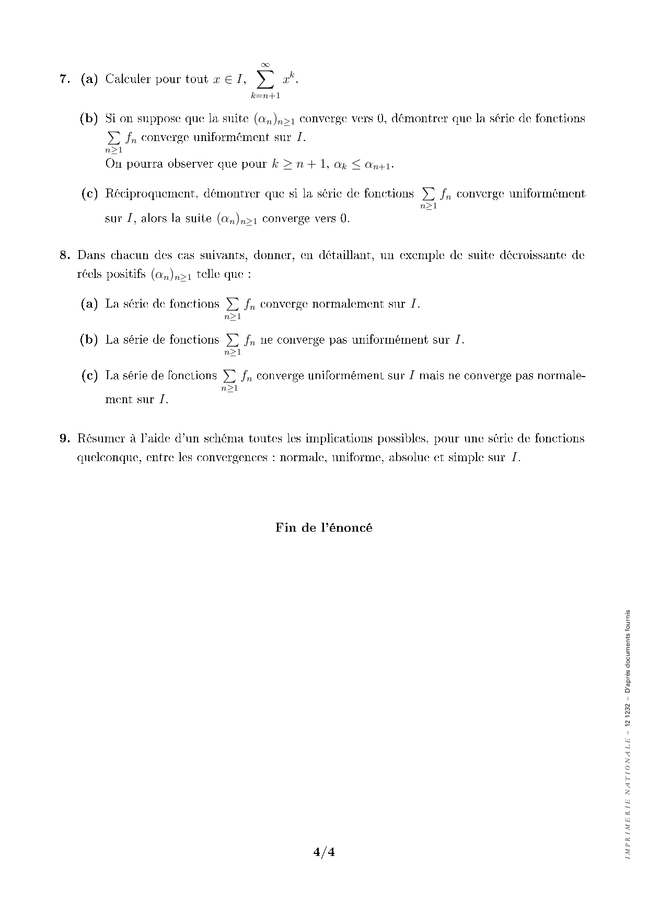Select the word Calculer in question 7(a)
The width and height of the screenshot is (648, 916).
[x=128, y=79]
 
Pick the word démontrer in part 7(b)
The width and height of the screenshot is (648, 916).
[x=419, y=119]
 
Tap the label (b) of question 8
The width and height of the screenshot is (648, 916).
[x=89, y=340]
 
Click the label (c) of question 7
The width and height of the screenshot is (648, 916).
[x=89, y=194]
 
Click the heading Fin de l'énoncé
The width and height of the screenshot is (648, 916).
[x=324, y=527]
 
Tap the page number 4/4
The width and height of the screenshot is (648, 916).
[x=324, y=853]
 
